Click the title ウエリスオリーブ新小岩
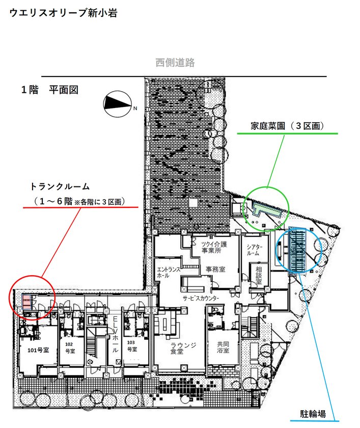(x=64, y=13)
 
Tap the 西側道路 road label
(x=175, y=63)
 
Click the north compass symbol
(x=118, y=104)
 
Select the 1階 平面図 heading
(x=50, y=90)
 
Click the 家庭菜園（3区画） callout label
(x=288, y=126)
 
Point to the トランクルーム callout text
(x=60, y=186)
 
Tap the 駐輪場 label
(x=313, y=414)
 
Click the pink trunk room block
(x=26, y=302)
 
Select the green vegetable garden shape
(x=266, y=209)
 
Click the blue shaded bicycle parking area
(x=297, y=250)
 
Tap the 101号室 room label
(x=38, y=350)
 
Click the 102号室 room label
(x=70, y=347)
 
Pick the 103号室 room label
(x=132, y=345)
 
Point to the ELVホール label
(x=116, y=334)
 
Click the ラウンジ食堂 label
(x=183, y=349)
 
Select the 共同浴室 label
(x=223, y=347)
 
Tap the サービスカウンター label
(x=201, y=298)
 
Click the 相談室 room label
(x=259, y=275)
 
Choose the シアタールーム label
(x=254, y=250)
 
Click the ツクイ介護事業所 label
(x=214, y=247)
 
